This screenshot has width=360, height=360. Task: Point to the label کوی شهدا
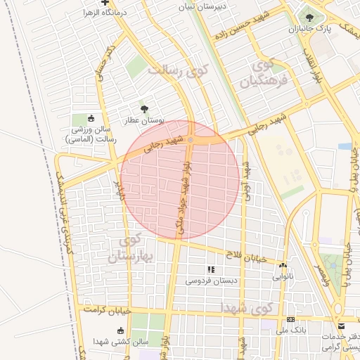[x=245, y=308]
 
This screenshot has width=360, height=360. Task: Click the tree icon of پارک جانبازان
[x=309, y=15]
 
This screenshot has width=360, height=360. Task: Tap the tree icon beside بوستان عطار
[x=144, y=109]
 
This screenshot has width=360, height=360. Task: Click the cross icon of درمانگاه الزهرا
[x=104, y=3]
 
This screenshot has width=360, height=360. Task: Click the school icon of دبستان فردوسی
[x=210, y=269]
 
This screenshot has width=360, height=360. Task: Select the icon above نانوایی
[x=283, y=266]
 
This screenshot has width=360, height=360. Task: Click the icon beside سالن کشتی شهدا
[x=120, y=330]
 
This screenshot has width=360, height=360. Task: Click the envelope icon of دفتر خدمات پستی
[x=341, y=326]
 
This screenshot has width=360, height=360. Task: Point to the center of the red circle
[x=179, y=180]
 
